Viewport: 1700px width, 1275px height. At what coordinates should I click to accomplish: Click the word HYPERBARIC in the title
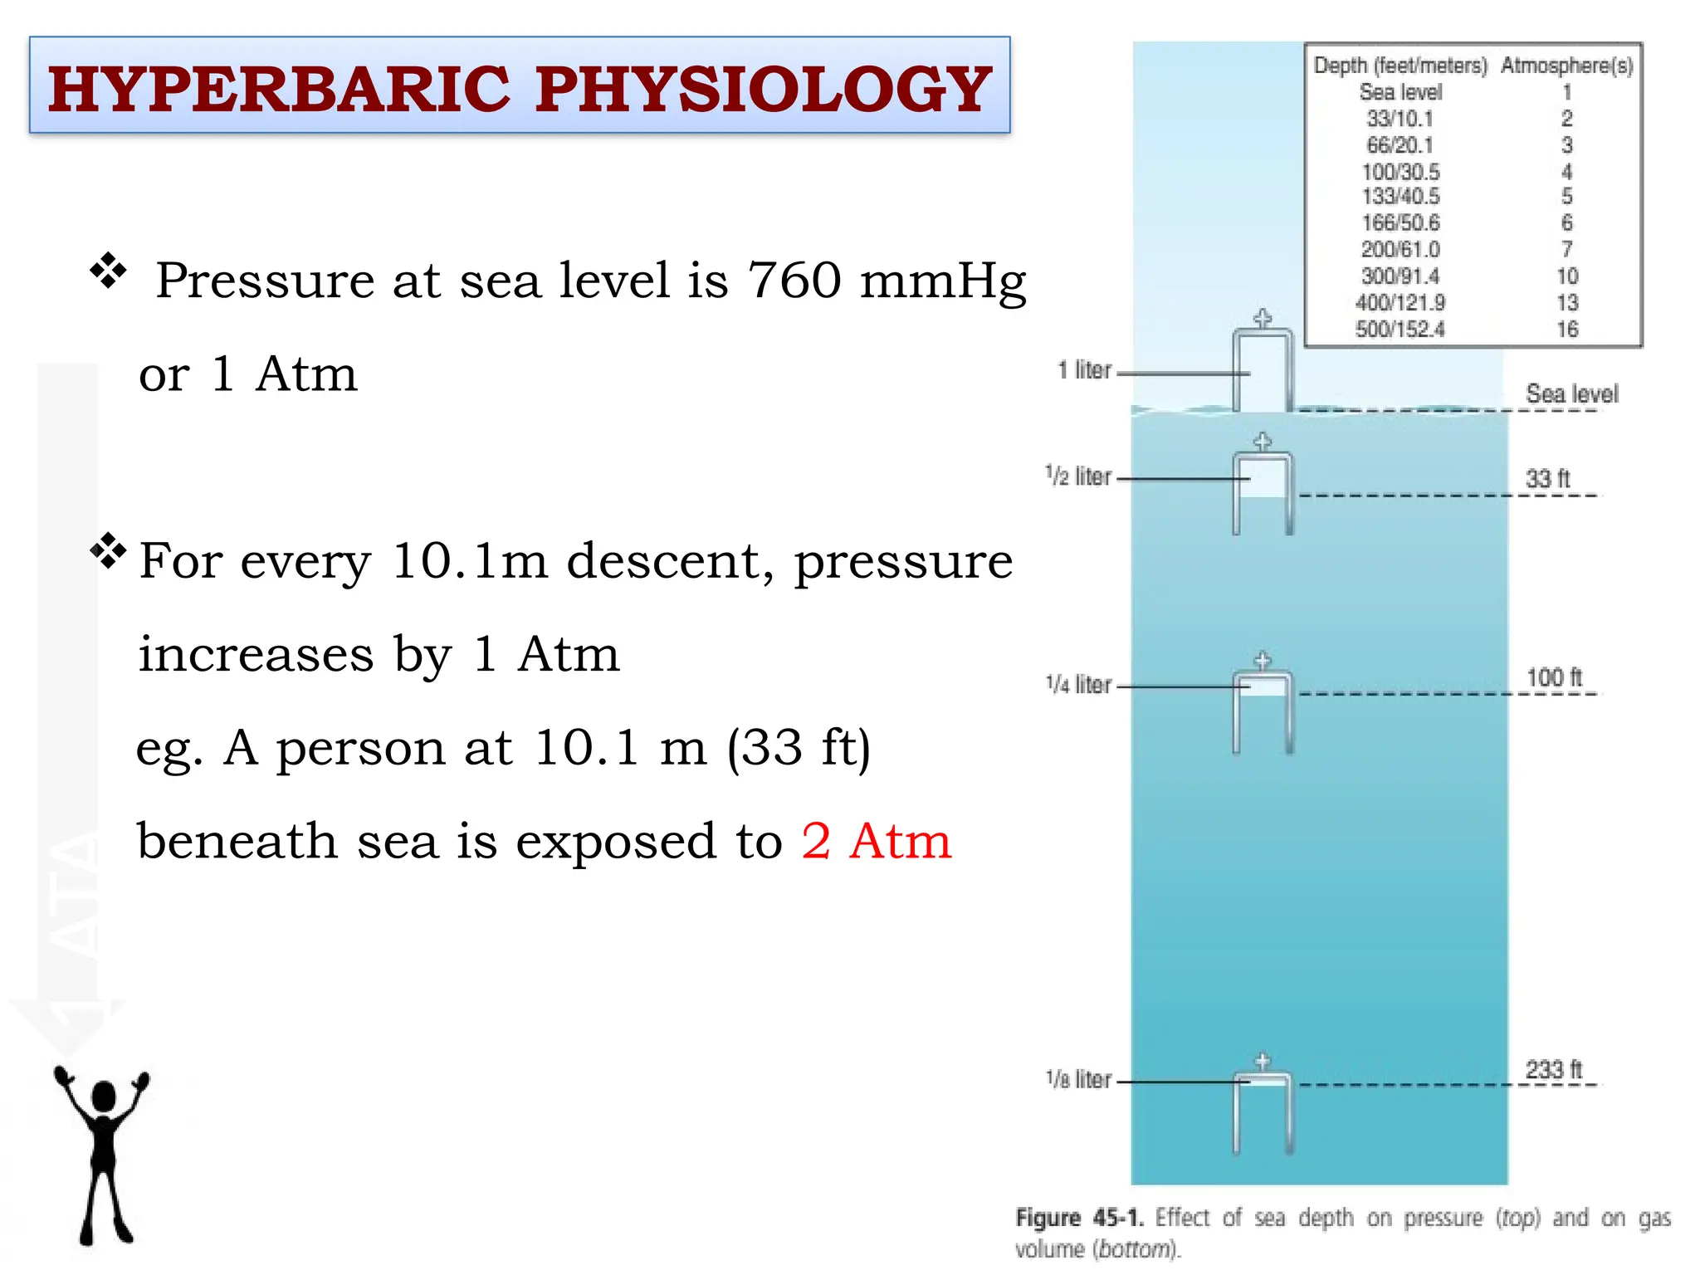[279, 89]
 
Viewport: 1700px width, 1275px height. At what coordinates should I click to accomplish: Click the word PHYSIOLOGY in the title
[763, 89]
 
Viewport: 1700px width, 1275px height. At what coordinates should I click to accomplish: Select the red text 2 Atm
[877, 841]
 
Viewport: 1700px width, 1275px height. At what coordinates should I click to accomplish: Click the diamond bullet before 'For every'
[108, 550]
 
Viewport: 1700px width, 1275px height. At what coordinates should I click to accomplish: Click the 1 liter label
[1084, 370]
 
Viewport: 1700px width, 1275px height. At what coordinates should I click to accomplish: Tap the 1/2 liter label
[1078, 476]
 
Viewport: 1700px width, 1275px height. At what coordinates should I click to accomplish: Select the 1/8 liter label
[1078, 1079]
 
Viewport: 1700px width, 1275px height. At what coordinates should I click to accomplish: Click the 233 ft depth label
[1554, 1069]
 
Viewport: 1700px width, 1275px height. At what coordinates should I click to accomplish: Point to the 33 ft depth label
[1548, 478]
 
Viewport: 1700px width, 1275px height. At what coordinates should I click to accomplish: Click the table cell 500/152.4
[1400, 330]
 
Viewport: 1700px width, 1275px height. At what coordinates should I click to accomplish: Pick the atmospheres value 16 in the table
[1567, 330]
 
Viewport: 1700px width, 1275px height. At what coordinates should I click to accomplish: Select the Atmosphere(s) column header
[1566, 66]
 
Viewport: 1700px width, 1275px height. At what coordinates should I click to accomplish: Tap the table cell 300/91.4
[1400, 276]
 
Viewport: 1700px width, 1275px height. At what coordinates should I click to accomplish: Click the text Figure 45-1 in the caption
[1079, 1218]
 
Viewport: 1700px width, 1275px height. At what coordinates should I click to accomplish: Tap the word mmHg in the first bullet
[943, 281]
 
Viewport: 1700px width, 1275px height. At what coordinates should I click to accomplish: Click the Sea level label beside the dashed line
[1571, 393]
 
